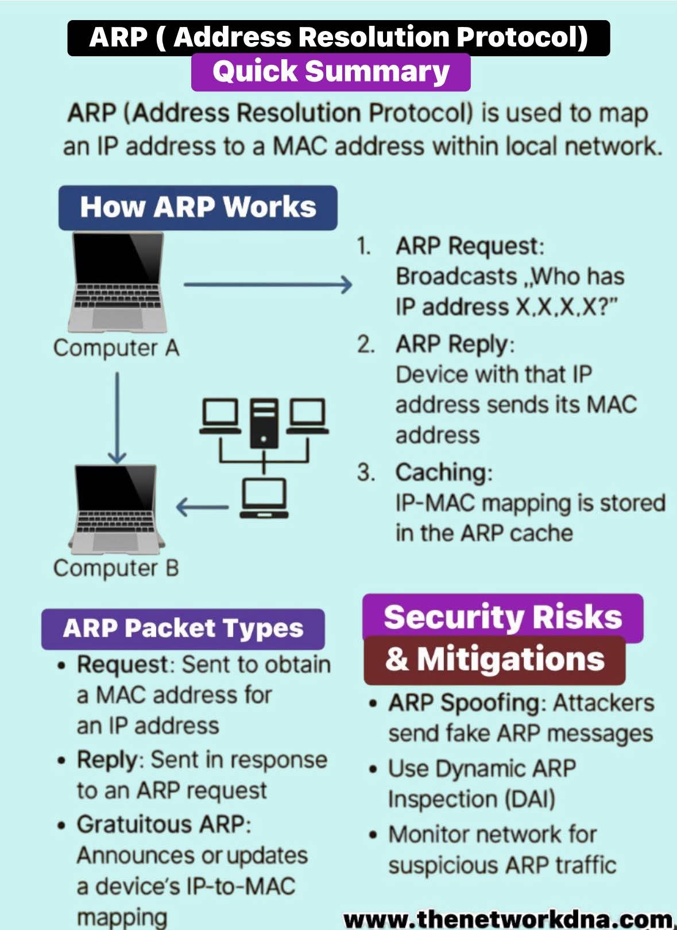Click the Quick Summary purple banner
coord(331,72)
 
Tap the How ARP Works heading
coord(198,207)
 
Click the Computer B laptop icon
coord(118,508)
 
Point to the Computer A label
coord(116,348)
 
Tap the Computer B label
coord(116,568)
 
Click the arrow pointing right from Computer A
coord(268,284)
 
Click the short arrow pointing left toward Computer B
coord(202,507)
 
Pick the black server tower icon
coord(264,423)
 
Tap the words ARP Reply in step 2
coord(452,344)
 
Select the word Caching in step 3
coord(441,472)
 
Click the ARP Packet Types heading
coord(183,629)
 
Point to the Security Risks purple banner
coord(502,617)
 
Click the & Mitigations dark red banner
coord(494,660)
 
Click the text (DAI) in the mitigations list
coord(528,799)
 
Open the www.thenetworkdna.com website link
coord(508,919)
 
